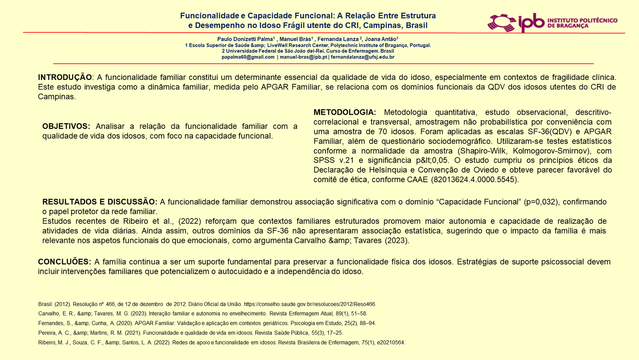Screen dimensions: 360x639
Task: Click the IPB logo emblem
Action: (x=502, y=23)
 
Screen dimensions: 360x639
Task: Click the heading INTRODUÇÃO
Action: (x=65, y=77)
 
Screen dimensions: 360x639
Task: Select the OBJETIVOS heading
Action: (x=66, y=126)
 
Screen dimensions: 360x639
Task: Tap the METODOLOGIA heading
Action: (x=345, y=112)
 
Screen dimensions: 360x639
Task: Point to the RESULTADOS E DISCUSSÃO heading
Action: (x=100, y=202)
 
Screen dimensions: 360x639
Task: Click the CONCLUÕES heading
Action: (x=65, y=262)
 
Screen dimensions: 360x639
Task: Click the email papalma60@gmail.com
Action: (x=248, y=57)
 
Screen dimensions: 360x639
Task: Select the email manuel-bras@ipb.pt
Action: (x=303, y=57)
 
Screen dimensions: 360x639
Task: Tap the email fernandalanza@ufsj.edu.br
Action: (x=362, y=57)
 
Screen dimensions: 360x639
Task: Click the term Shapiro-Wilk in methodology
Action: (x=481, y=151)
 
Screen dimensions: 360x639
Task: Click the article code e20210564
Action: (x=391, y=342)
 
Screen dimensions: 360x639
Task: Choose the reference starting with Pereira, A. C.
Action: (x=191, y=333)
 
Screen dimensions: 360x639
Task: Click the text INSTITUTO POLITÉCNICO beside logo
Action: (x=582, y=20)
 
